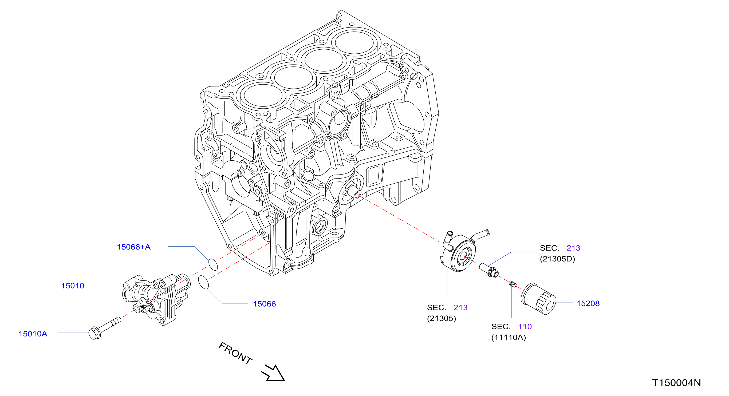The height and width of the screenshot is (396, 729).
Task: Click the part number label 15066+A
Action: click(133, 247)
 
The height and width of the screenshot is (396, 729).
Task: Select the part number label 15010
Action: click(73, 286)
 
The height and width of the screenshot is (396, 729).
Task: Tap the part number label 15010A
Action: click(33, 334)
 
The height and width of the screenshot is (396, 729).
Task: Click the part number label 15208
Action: click(588, 303)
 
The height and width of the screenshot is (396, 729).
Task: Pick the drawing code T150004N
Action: click(676, 383)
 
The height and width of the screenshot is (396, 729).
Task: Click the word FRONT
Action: click(235, 353)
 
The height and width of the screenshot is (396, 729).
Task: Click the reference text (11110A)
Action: click(508, 338)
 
